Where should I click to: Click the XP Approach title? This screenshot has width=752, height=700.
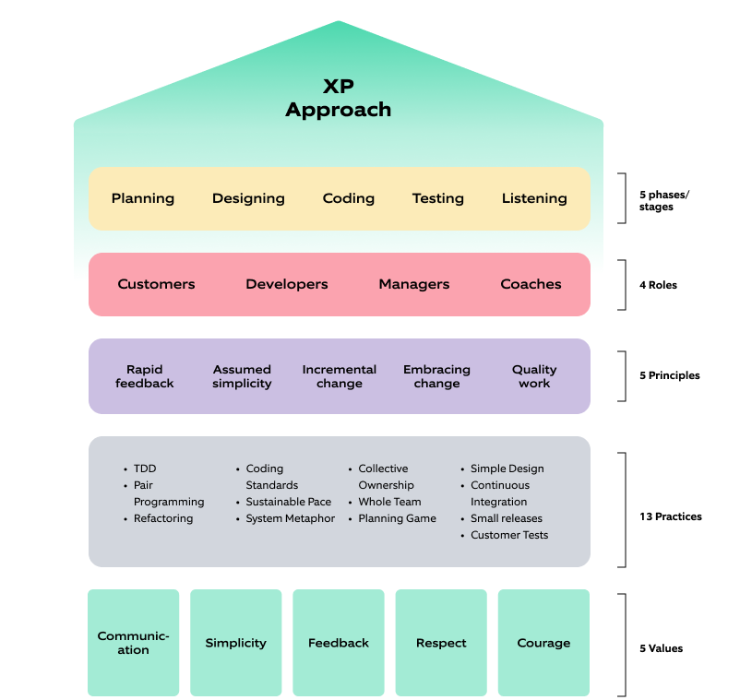(x=338, y=98)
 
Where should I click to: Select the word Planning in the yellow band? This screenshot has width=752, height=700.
(x=143, y=198)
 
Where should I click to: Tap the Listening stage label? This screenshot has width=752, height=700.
(x=534, y=198)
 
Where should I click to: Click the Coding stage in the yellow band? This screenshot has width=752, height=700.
(x=349, y=198)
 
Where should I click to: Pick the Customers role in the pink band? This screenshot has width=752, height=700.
(x=156, y=284)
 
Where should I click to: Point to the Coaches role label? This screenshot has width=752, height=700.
(x=531, y=284)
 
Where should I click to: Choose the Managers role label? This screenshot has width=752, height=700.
(x=414, y=284)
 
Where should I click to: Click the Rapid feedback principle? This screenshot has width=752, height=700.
(x=145, y=376)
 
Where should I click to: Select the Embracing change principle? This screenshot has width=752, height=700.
(x=436, y=376)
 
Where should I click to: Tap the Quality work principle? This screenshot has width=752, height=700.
(x=534, y=376)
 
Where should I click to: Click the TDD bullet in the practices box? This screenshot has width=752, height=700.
(x=145, y=469)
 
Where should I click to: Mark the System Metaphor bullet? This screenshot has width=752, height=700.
(x=290, y=518)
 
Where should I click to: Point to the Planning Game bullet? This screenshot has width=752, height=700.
(x=397, y=518)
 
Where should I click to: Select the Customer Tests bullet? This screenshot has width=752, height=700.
(x=508, y=535)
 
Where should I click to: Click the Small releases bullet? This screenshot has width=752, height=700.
(x=507, y=518)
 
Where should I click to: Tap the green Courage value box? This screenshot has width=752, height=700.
(x=543, y=643)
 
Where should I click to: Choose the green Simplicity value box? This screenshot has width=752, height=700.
(x=235, y=643)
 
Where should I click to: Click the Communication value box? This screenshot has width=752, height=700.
(x=133, y=643)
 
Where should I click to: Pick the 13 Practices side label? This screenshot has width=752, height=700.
(x=670, y=516)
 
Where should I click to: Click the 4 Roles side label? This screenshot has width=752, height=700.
(x=658, y=285)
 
